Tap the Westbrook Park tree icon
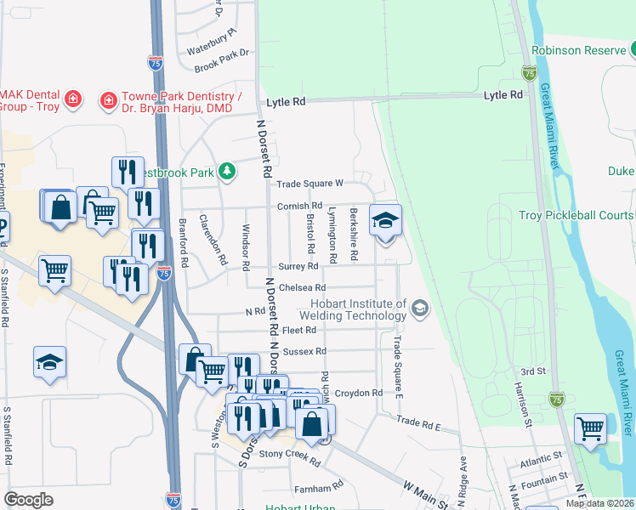(227, 172)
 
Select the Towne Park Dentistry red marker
(108, 102)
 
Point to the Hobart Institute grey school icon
(419, 308)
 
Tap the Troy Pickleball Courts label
(576, 215)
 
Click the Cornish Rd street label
(299, 206)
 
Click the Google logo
(28, 500)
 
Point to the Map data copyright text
(599, 503)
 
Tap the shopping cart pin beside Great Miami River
(590, 428)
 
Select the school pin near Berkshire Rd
(385, 221)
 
